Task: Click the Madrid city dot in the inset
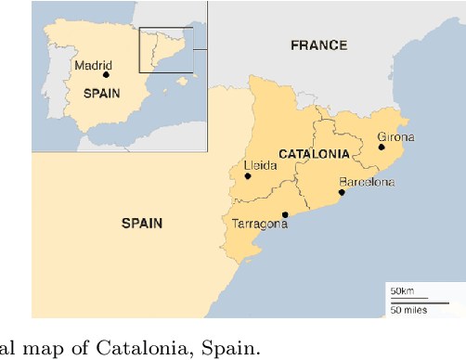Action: (106, 75)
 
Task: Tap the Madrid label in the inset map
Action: (93, 65)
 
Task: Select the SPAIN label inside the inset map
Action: (101, 93)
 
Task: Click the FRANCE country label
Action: (318, 45)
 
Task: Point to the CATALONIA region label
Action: (314, 153)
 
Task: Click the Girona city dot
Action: (382, 147)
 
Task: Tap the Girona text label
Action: (395, 137)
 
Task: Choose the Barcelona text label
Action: (366, 182)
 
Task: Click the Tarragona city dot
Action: (285, 214)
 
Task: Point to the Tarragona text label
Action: (259, 225)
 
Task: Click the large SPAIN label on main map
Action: (142, 223)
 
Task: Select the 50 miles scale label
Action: (408, 310)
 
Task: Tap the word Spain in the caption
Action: (235, 347)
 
